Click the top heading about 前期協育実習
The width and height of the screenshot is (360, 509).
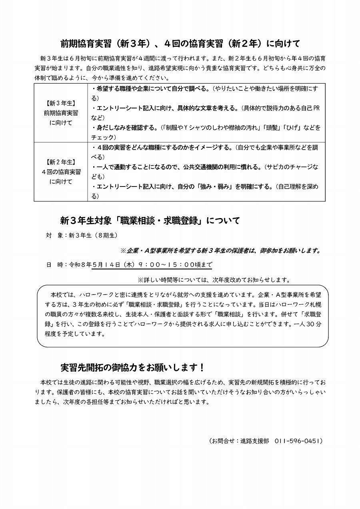click(x=180, y=43)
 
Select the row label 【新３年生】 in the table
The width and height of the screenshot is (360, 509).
click(x=61, y=103)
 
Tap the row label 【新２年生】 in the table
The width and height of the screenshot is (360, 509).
click(x=61, y=162)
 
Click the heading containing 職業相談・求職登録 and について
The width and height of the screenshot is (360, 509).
click(x=150, y=220)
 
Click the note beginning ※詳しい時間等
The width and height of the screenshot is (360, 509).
click(x=214, y=280)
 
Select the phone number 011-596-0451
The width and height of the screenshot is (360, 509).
click(x=298, y=441)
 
